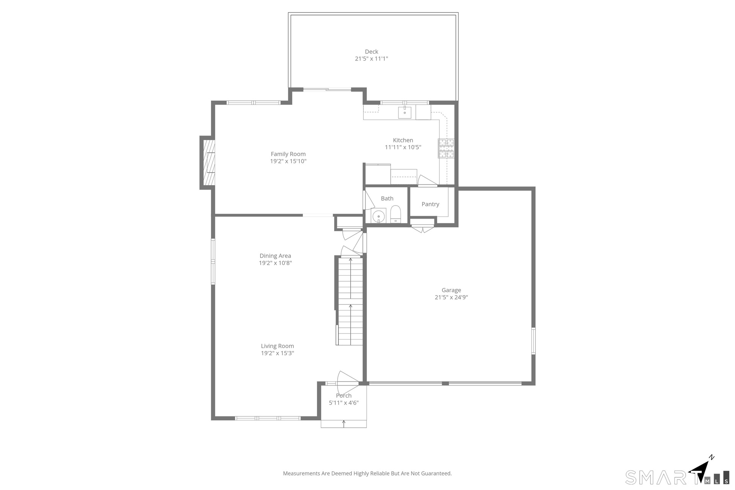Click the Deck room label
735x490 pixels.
(371, 52)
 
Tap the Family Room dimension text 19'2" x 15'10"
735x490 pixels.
(288, 161)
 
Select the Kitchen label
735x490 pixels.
(403, 140)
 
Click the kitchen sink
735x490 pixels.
(405, 113)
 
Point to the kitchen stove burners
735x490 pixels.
(446, 149)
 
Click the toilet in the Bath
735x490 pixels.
(395, 214)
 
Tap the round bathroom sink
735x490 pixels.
(379, 216)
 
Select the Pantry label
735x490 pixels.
(430, 204)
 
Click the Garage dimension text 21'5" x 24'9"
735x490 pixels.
(451, 297)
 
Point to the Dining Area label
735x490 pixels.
(275, 256)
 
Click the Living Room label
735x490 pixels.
(278, 346)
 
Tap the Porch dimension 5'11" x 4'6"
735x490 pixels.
(344, 403)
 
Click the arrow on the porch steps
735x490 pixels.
(344, 424)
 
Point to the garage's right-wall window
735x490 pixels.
(534, 341)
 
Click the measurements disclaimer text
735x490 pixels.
(367, 474)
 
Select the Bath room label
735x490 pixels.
(387, 198)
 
